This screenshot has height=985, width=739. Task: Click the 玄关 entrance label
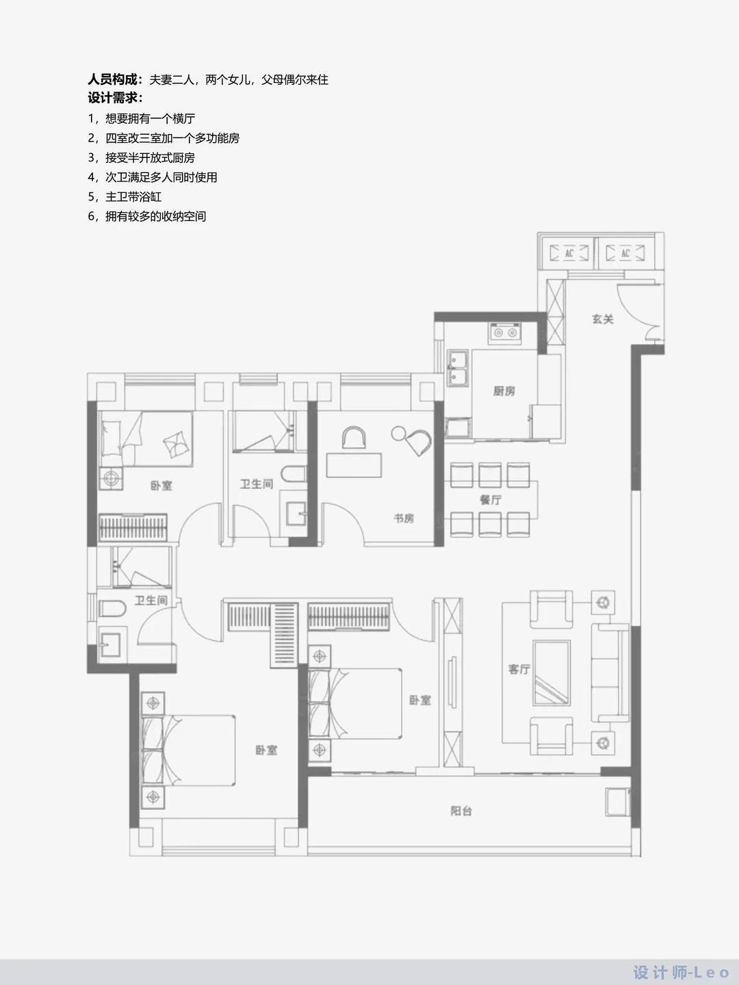coord(602,319)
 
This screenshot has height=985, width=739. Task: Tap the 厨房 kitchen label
coord(504,391)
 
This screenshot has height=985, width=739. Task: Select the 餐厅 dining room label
coord(491,500)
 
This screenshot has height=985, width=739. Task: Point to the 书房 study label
coord(404,518)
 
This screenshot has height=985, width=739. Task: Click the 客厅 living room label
coord(519,670)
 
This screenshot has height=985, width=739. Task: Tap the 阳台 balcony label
coord(461,811)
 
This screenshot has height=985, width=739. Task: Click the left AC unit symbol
coord(569,254)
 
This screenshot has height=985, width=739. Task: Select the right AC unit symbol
coord(625,254)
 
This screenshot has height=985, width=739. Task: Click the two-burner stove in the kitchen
coord(505,332)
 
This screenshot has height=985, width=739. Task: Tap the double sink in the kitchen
coord(458,369)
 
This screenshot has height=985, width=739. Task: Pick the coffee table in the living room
coord(552,672)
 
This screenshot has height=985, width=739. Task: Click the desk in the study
coord(354,465)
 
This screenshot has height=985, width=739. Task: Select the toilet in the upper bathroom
coord(294,474)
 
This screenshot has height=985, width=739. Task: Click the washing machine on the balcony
coord(617,802)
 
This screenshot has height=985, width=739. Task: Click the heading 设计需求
coord(116,97)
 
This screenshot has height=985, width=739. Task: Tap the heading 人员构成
coord(116,79)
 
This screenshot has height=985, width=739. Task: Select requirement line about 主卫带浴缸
coord(125,196)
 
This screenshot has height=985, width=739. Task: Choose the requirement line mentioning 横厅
coord(142,118)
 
